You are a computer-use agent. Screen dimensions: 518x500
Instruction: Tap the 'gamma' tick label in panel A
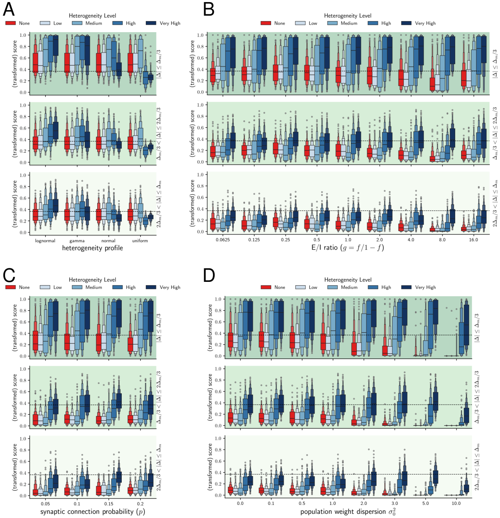point(77,241)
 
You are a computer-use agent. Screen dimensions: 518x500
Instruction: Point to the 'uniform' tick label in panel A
point(140,241)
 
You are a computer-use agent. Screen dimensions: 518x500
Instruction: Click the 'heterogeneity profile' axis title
point(93,248)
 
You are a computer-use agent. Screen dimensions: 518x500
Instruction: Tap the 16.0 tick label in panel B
point(473,240)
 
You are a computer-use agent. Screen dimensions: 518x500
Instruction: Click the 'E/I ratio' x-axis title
point(345,248)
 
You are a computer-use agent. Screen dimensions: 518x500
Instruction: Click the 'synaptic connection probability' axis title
point(93,512)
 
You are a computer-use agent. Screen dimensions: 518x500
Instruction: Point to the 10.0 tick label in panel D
point(457,504)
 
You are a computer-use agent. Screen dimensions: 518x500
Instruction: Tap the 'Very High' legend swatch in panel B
point(406,23)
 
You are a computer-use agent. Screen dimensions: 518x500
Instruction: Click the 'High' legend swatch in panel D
point(373,287)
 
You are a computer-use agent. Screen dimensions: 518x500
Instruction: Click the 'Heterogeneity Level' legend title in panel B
point(348,16)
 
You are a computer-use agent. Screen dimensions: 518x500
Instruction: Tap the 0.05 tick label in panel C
point(46,504)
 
